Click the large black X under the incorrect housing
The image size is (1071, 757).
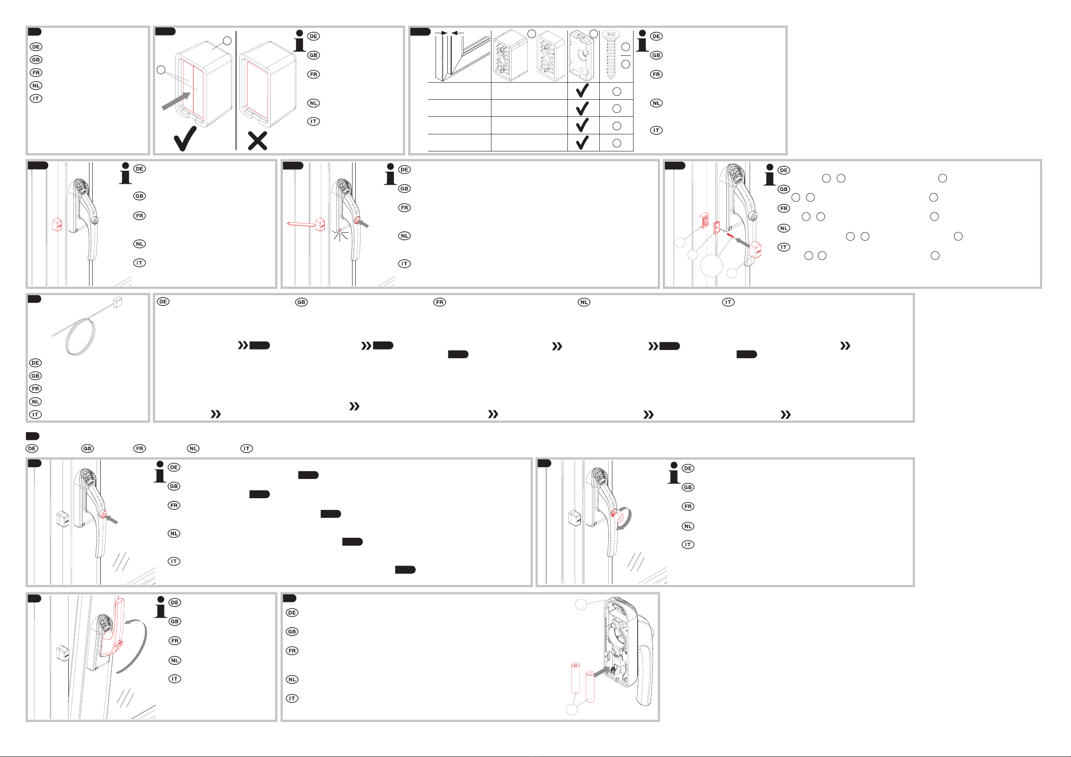coord(258,141)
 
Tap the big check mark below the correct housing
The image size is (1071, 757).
coord(185,139)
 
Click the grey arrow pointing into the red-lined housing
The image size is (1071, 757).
coord(176,101)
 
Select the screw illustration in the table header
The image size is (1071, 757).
coord(610,55)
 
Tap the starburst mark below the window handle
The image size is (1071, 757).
coord(340,235)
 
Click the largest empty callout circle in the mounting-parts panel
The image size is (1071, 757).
coord(711,266)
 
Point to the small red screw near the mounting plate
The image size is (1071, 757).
coord(731,236)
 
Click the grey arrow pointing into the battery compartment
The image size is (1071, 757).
coord(601,672)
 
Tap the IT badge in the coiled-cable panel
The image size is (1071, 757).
coord(36,414)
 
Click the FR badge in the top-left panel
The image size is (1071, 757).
coord(36,73)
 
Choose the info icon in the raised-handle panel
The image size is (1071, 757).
coord(161,607)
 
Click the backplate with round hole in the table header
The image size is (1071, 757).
coord(581,56)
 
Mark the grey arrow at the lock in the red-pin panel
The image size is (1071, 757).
coord(363,224)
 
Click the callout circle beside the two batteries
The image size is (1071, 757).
coord(571,709)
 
